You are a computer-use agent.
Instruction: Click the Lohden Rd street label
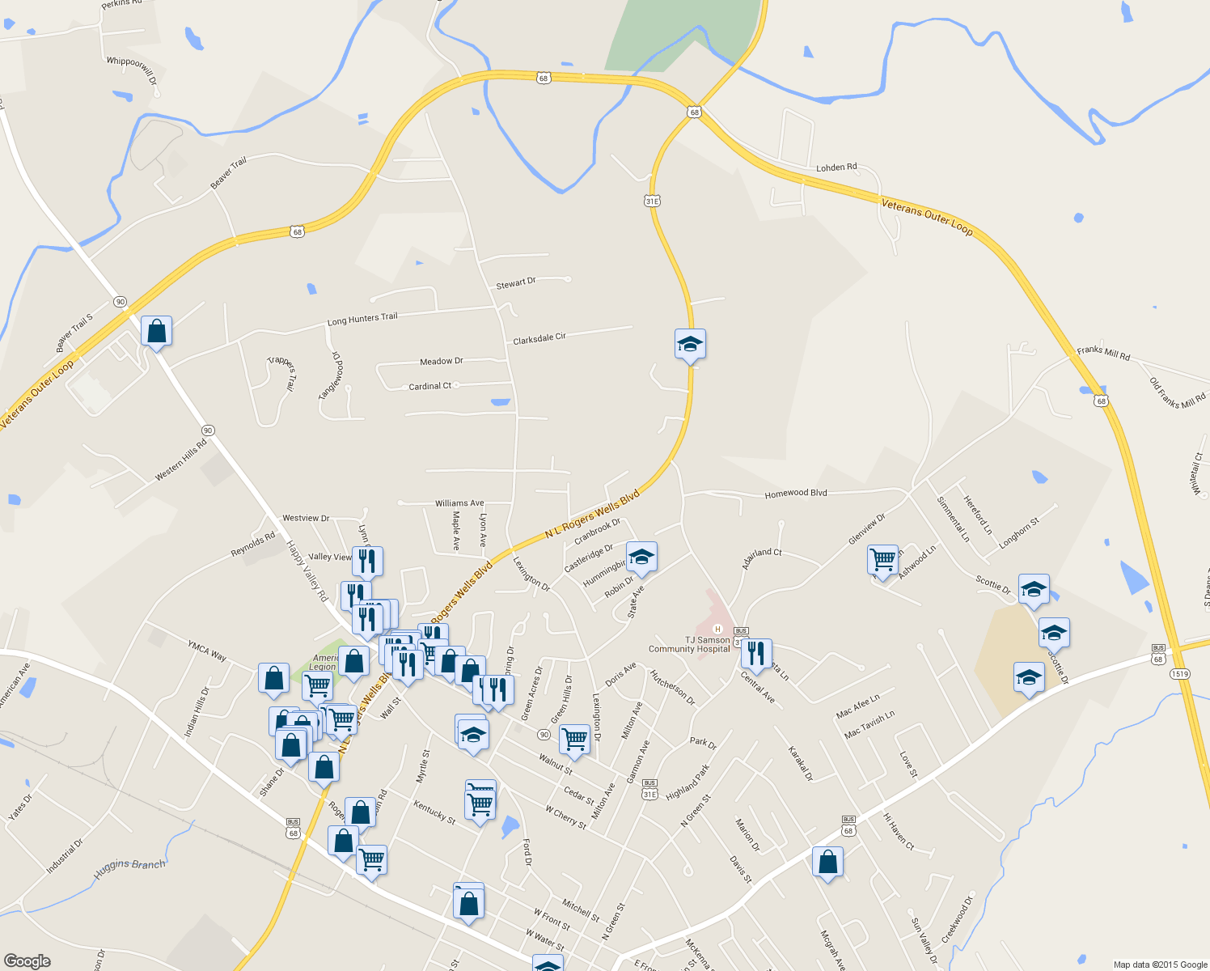coord(836,167)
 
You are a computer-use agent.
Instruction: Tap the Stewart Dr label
coord(516,283)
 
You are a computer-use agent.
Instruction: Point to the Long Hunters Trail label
coord(362,319)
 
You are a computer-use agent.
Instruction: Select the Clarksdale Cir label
coord(539,338)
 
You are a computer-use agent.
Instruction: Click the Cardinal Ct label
coord(430,386)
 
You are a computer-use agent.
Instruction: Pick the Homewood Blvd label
coord(797,493)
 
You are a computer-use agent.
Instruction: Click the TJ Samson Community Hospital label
coord(689,644)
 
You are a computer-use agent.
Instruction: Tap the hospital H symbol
coord(717,629)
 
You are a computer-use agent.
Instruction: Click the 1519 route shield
coord(1179,673)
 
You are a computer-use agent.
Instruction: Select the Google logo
coord(27,960)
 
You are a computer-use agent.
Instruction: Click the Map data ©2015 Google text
coord(1160,965)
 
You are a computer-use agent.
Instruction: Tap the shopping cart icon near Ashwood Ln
coord(882,558)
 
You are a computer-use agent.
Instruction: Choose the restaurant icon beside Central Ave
coord(756,652)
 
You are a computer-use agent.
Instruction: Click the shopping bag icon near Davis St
coord(827,862)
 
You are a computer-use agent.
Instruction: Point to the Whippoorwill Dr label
coord(132,71)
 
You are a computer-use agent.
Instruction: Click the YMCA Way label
coord(207,651)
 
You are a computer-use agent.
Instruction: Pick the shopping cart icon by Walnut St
coord(574,739)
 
